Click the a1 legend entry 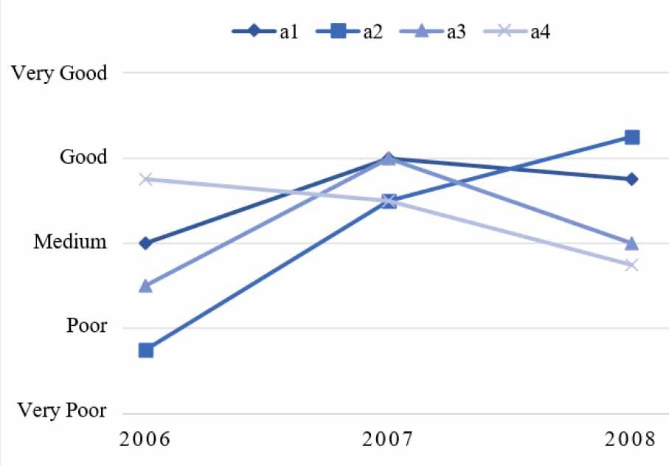click(x=265, y=32)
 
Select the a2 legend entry click(x=349, y=32)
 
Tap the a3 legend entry click(x=433, y=32)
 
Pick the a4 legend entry click(x=516, y=32)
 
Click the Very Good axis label click(x=59, y=73)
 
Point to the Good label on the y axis click(x=83, y=157)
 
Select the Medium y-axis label click(x=70, y=242)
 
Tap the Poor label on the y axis click(x=86, y=326)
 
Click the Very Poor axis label click(x=62, y=410)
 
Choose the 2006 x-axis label click(x=145, y=439)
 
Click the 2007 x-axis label click(x=388, y=439)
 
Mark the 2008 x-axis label click(x=630, y=439)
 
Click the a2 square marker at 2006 click(x=146, y=350)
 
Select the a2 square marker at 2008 click(x=632, y=137)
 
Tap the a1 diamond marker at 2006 click(x=146, y=243)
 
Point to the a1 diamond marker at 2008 click(x=632, y=179)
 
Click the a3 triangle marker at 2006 click(x=146, y=285)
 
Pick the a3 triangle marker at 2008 click(x=632, y=243)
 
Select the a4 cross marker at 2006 click(x=146, y=179)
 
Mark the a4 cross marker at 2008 click(x=632, y=265)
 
